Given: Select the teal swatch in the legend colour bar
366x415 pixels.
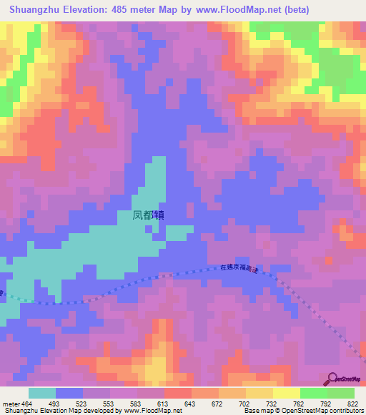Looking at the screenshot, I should (42, 393).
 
